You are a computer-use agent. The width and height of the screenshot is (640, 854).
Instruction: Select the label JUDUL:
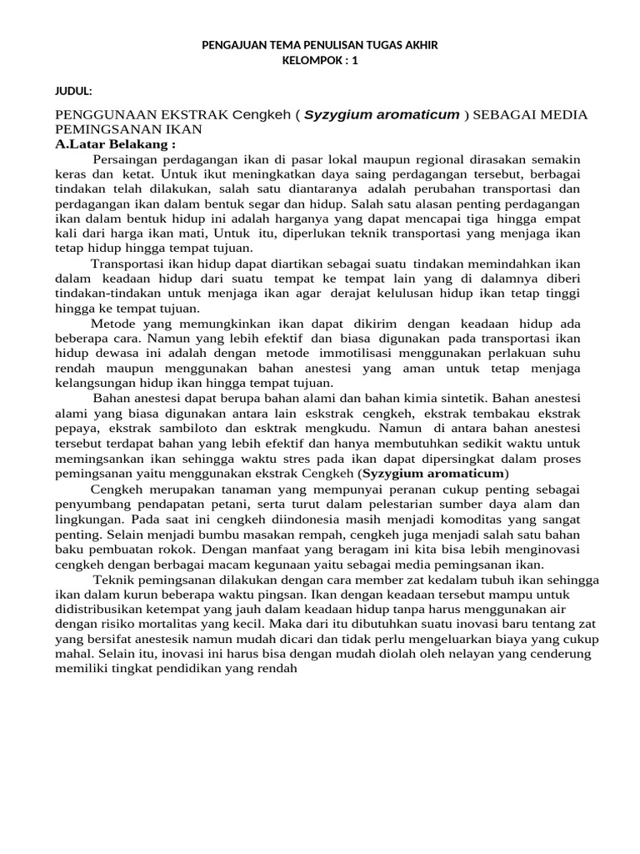point(73,90)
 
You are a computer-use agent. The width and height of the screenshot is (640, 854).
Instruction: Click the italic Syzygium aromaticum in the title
point(382,114)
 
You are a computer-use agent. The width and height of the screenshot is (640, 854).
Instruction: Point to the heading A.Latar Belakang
point(115,144)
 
